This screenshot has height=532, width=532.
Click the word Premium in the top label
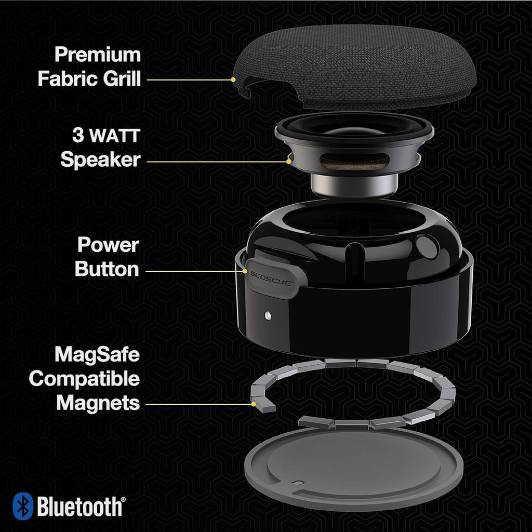tap(98, 55)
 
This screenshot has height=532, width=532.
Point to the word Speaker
tap(100, 159)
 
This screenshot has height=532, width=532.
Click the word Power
tap(108, 245)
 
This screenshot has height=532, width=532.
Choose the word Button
tap(107, 269)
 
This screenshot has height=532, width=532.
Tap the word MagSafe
tap(98, 355)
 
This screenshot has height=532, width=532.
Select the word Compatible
tap(84, 379)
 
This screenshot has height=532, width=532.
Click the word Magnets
tap(98, 403)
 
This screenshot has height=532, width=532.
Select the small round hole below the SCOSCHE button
tap(267, 314)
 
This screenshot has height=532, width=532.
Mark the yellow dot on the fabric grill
tap(233, 79)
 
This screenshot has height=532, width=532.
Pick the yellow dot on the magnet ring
tap(253, 403)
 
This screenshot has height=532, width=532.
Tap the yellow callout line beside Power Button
tap(192, 271)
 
